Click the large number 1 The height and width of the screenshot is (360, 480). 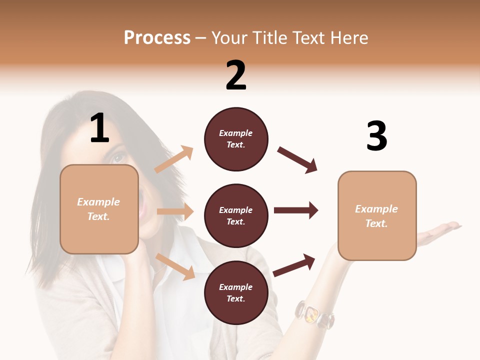99,128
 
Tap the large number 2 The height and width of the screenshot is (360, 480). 236,75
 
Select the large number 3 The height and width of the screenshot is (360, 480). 376,136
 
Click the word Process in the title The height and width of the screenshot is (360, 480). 157,37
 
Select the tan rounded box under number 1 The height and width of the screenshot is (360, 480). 99,209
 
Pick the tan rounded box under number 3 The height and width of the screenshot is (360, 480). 377,216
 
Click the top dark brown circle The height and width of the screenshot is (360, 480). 236,139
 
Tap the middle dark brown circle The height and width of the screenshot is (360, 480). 236,215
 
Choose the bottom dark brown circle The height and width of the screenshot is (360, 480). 236,292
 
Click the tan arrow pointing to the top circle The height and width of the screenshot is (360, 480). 174,159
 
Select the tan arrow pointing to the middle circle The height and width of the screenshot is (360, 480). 175,211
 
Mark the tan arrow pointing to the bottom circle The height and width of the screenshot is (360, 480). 175,266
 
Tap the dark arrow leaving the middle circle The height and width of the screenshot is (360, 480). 296,210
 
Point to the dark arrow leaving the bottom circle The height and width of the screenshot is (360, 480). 294,265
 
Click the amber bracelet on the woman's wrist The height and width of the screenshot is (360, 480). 314,313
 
